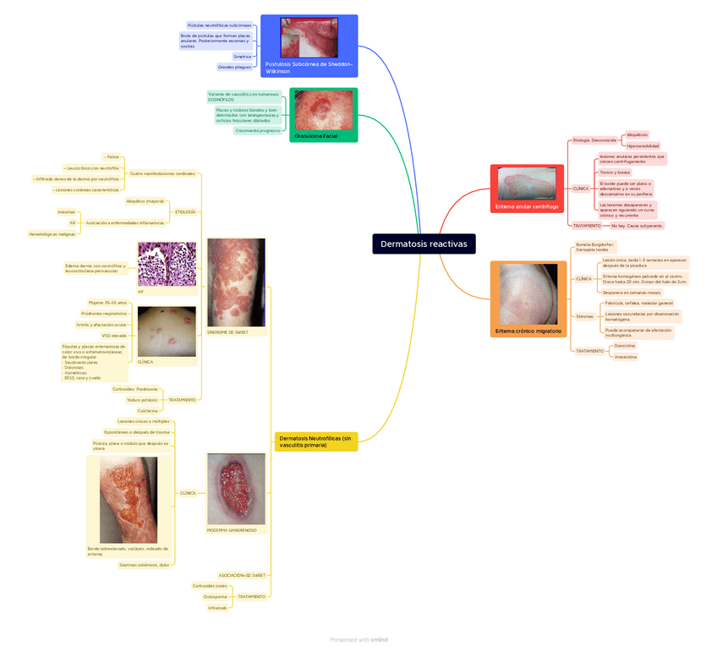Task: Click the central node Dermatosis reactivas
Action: [423, 244]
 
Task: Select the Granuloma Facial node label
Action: [316, 135]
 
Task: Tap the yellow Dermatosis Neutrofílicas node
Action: [315, 441]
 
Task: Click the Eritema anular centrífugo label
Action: [527, 206]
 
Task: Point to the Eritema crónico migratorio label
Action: [528, 331]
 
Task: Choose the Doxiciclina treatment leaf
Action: [625, 346]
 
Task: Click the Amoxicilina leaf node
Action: [626, 357]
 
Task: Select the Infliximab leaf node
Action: [217, 607]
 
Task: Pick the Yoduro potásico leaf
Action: [142, 399]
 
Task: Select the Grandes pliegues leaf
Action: [234, 66]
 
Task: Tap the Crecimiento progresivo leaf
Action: [258, 130]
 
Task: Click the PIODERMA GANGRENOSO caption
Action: [232, 530]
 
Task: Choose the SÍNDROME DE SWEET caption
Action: [227, 332]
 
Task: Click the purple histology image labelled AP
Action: [167, 265]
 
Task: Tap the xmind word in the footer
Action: [379, 639]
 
